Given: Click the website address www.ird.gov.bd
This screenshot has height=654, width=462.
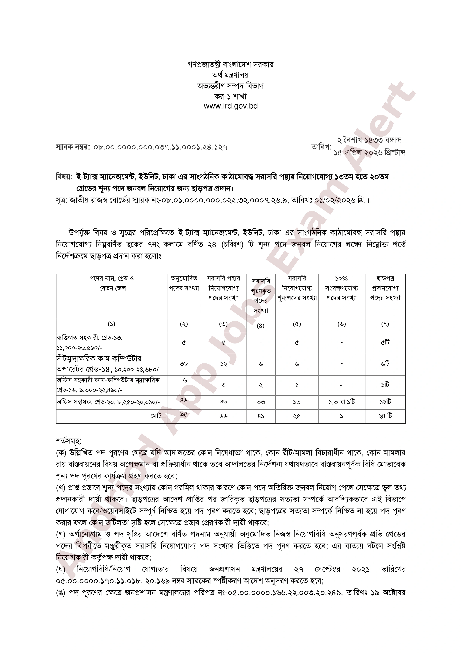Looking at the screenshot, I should pyautogui.click(x=231, y=106).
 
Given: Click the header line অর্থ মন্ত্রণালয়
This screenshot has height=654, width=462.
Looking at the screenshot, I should pyautogui.click(x=231, y=75).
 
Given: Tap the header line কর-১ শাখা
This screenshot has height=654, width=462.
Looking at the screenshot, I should pyautogui.click(x=231, y=96).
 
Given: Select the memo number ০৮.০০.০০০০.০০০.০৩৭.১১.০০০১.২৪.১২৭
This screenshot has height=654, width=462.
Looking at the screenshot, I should pyautogui.click(x=161, y=148).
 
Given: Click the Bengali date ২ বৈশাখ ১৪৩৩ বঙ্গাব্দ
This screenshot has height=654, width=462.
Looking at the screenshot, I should pyautogui.click(x=369, y=140).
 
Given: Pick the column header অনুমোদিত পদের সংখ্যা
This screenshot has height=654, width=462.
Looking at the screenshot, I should pyautogui.click(x=184, y=283).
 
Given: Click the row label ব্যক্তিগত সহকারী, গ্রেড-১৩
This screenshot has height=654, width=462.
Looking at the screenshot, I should pyautogui.click(x=89, y=338).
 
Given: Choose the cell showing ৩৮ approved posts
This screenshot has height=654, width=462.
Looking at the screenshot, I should pyautogui.click(x=184, y=364).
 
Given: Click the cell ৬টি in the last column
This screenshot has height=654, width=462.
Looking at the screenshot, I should pyautogui.click(x=385, y=364).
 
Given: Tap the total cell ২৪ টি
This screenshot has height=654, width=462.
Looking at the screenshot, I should pyautogui.click(x=385, y=416).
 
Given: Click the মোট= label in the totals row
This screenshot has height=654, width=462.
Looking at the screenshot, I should pyautogui.click(x=159, y=416).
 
